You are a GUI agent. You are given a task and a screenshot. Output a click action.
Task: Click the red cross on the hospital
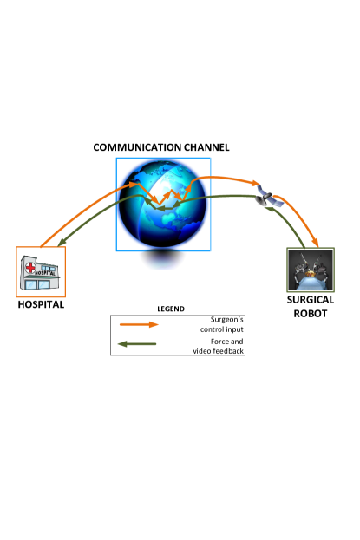coord(31,267)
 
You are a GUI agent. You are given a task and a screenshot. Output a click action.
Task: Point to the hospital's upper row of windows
coord(49,263)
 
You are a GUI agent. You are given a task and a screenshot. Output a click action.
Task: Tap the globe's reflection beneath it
coord(162,259)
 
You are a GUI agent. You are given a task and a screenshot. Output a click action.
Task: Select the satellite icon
coord(269,196)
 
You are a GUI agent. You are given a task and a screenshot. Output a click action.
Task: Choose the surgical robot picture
coord(311,270)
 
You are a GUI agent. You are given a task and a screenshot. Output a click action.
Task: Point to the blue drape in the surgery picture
coord(311,281)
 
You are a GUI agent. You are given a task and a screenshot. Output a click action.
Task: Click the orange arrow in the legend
coord(139,324)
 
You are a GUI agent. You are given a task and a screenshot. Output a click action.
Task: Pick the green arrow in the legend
coord(137,344)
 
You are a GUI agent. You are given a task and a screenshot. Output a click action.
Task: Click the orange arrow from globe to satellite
coord(221,179)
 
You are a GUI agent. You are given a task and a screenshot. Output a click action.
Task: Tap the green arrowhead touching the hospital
coord(62,243)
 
